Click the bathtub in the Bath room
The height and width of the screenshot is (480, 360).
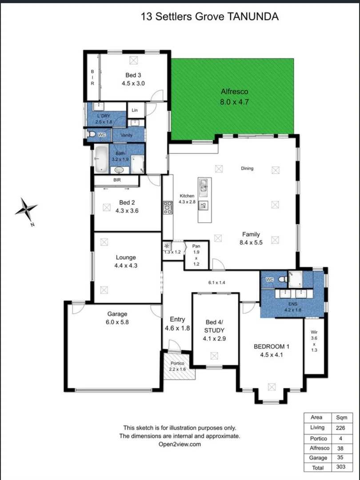click(x=101, y=159)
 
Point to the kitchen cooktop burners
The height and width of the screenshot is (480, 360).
click(x=168, y=208)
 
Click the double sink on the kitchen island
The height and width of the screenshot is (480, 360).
click(x=203, y=186)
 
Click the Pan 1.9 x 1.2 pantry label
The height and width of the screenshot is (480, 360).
click(x=196, y=255)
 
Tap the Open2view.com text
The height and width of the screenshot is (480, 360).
click(x=180, y=444)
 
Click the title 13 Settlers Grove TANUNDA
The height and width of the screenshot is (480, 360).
click(x=210, y=17)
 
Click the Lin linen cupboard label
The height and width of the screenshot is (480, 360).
click(x=135, y=109)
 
